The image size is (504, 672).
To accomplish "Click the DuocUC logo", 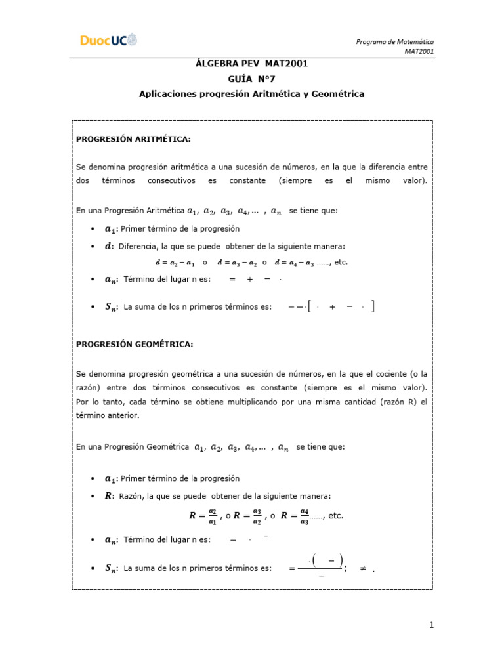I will pyautogui.click(x=110, y=41).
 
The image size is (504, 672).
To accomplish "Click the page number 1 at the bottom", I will pyautogui.click(x=432, y=625).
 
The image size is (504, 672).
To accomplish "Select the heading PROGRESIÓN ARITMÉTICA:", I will pyautogui.click(x=133, y=140).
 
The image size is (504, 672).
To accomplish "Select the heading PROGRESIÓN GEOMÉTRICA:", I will pyautogui.click(x=135, y=343).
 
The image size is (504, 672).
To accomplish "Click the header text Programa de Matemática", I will pyautogui.click(x=394, y=42).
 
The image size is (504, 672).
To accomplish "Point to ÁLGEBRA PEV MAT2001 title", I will pyautogui.click(x=251, y=64).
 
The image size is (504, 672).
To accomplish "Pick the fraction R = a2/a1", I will pyautogui.click(x=203, y=516).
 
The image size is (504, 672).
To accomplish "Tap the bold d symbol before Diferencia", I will pyautogui.click(x=108, y=246).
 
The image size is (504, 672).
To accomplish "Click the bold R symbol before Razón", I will pyautogui.click(x=108, y=496).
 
